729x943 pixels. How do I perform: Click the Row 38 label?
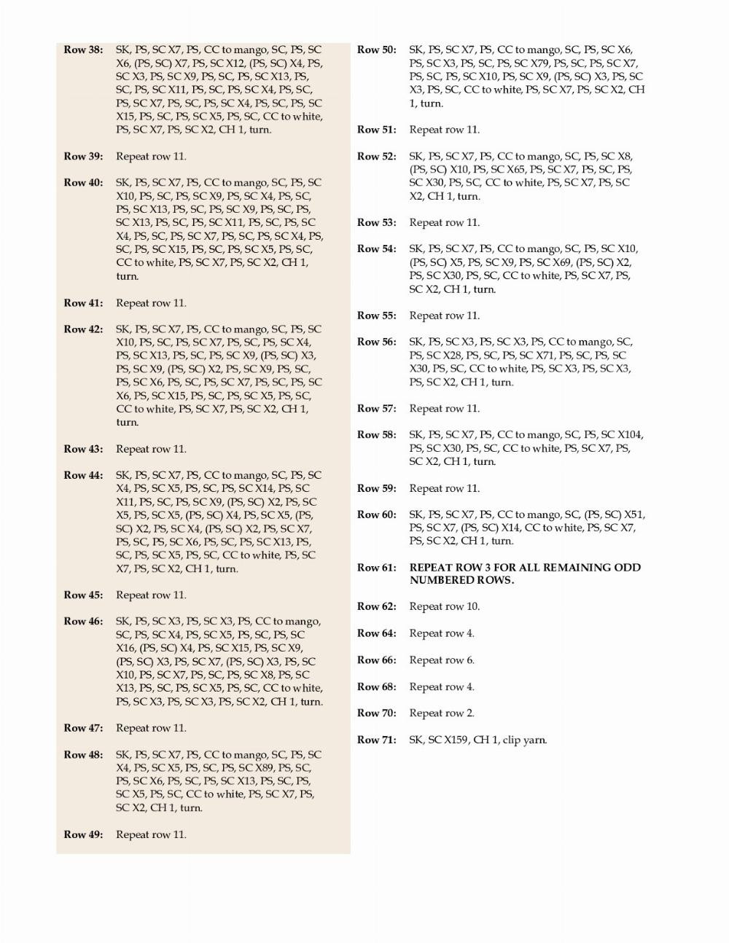click(x=83, y=50)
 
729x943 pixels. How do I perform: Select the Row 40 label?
click(x=83, y=183)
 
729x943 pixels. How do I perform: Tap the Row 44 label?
click(x=83, y=475)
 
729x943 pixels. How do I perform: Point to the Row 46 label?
click(x=83, y=622)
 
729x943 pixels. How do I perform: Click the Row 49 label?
click(x=83, y=834)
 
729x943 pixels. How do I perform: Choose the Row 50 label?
click(x=377, y=50)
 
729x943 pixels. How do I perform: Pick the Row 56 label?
click(x=377, y=342)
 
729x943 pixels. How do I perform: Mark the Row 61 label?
click(x=377, y=568)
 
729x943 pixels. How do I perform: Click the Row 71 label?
click(x=377, y=740)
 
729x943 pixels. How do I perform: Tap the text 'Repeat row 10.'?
click(x=445, y=606)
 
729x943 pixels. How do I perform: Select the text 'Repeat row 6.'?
click(x=442, y=660)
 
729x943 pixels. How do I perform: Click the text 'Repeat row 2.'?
click(x=442, y=713)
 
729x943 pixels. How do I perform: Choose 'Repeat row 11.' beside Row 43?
click(x=151, y=449)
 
